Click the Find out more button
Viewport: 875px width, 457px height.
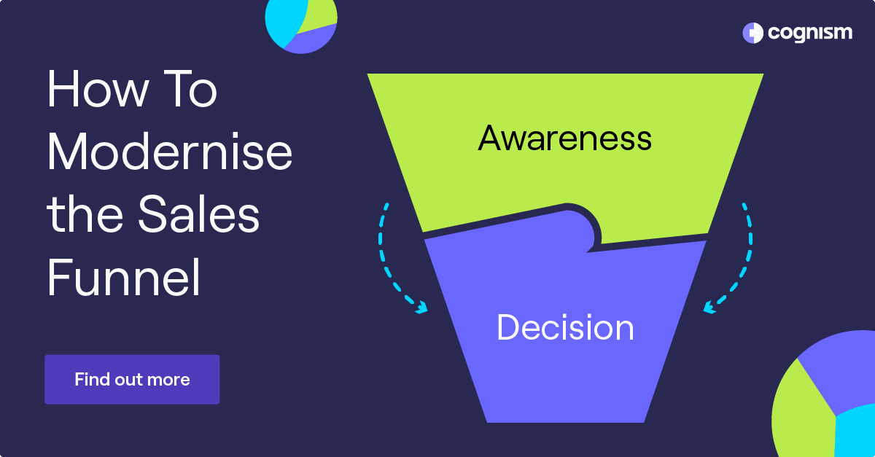click(132, 380)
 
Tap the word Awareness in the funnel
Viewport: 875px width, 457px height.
click(564, 138)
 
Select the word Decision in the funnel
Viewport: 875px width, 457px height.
click(565, 328)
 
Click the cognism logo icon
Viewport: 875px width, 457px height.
click(752, 33)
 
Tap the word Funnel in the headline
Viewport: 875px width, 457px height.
click(124, 279)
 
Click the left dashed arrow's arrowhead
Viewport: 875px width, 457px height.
click(421, 309)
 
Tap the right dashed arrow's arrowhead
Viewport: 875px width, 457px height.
click(709, 309)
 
